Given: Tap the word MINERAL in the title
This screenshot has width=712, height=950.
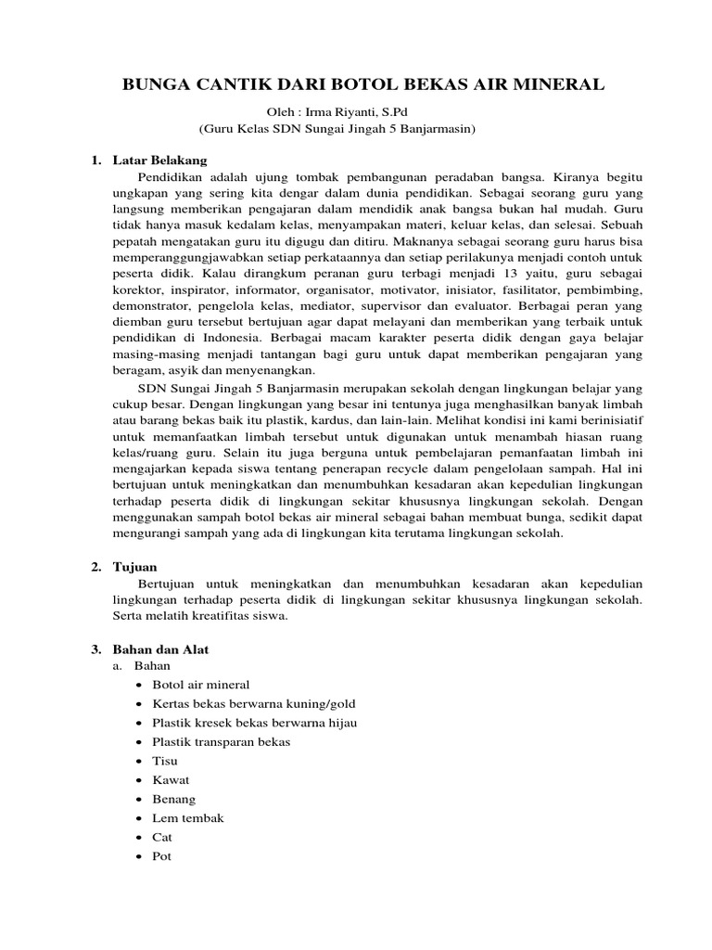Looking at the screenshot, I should pyautogui.click(x=566, y=85).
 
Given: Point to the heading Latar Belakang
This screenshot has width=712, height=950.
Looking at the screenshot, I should pyautogui.click(x=159, y=160).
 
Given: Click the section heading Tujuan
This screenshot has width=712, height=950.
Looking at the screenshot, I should pyautogui.click(x=135, y=566).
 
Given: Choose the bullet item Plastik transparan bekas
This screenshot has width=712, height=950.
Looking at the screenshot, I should pyautogui.click(x=222, y=742).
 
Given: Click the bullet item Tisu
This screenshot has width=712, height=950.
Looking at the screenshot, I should pyautogui.click(x=165, y=761).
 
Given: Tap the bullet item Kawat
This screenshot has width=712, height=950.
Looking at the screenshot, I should pyautogui.click(x=171, y=780).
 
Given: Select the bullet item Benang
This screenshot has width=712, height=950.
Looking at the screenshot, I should pyautogui.click(x=173, y=799).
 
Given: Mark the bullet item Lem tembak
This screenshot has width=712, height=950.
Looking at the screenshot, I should pyautogui.click(x=188, y=818).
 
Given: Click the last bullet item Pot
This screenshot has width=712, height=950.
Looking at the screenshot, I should pyautogui.click(x=162, y=856).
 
